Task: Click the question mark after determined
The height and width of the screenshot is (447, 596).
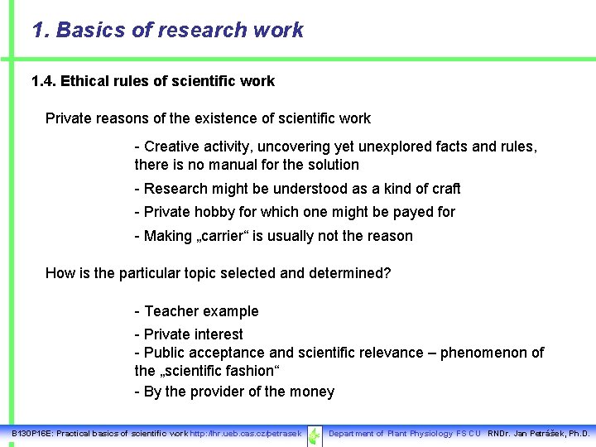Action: (x=387, y=273)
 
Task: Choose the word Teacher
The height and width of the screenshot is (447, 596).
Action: (x=172, y=311)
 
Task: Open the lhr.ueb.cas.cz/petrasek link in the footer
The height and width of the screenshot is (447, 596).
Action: (x=246, y=434)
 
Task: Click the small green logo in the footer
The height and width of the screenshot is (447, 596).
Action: (x=315, y=435)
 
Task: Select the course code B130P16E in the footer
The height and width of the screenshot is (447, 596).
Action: (x=30, y=434)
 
